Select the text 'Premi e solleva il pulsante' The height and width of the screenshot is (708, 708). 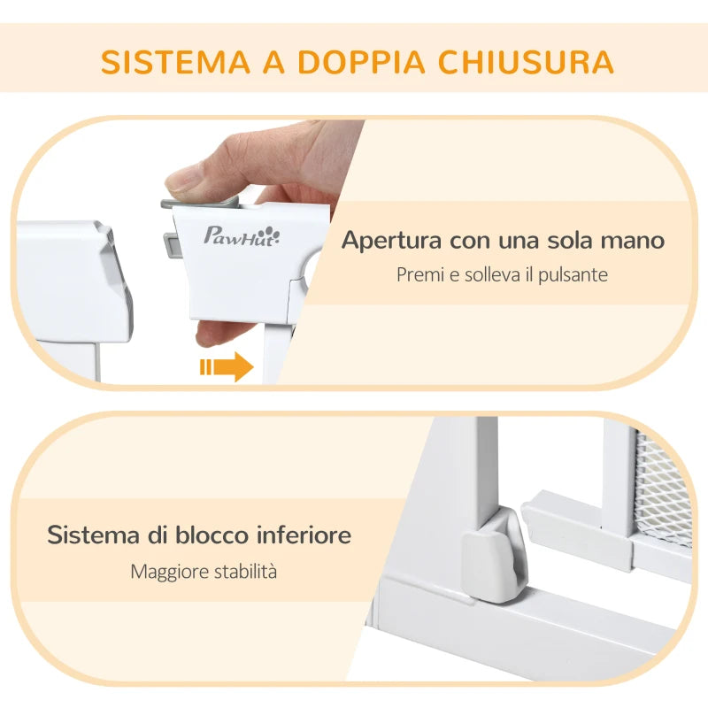point(502,274)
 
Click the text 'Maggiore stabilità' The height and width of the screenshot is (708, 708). point(204,571)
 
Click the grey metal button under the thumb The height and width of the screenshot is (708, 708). point(190,203)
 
